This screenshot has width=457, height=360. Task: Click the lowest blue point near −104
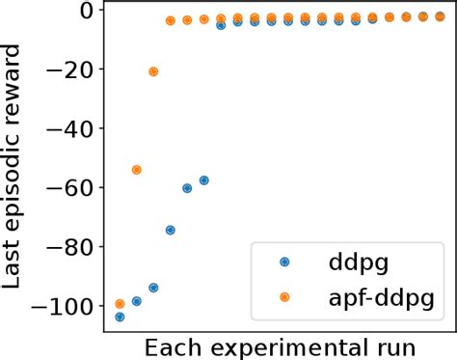coord(120,317)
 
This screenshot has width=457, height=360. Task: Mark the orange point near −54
coord(136,170)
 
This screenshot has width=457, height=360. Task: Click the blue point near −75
coord(170,230)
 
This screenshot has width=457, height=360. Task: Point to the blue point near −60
coord(187,188)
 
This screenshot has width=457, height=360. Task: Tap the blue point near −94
coord(153,288)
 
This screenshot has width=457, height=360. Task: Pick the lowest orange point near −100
coord(120,304)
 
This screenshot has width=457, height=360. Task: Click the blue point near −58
coord(203,180)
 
